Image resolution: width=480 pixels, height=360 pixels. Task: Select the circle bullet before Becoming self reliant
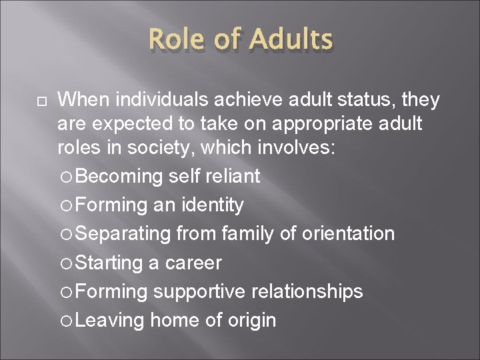coord(65,177)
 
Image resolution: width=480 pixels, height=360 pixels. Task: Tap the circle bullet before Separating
coord(65,234)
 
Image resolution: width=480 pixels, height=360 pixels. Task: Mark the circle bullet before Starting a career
coord(65,263)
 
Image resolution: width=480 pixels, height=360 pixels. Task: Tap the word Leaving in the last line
coord(110,320)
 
